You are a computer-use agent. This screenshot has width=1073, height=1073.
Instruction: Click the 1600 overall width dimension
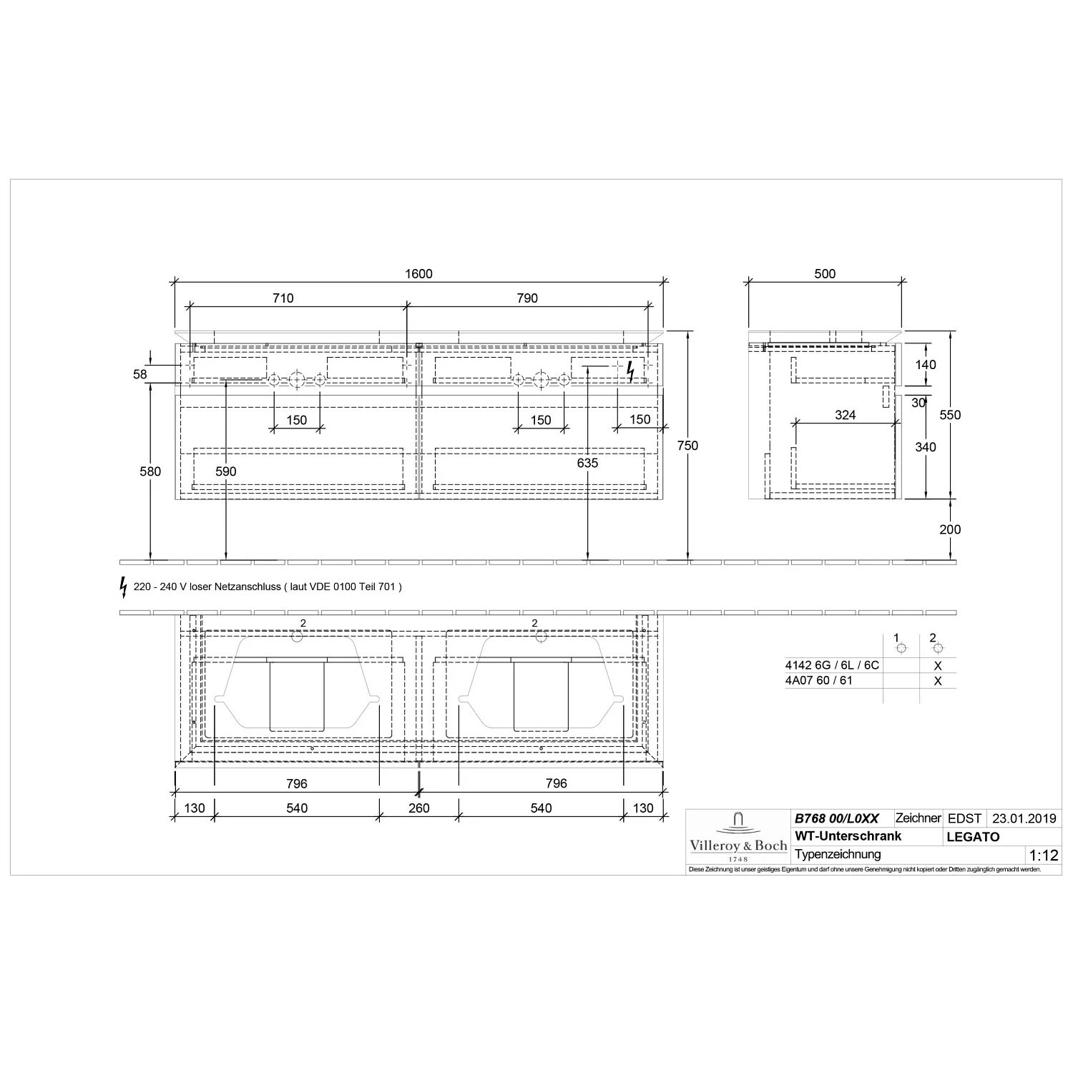tap(418, 274)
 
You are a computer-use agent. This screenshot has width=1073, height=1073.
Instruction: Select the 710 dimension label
tap(283, 298)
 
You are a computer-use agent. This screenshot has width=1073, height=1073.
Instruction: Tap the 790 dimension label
tap(527, 298)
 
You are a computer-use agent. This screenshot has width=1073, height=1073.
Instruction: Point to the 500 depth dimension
tap(825, 274)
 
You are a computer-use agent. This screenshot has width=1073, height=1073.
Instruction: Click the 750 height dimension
tap(687, 446)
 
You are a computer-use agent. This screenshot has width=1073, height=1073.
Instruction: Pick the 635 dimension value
tap(587, 464)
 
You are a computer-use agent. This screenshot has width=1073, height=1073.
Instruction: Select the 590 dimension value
tap(226, 471)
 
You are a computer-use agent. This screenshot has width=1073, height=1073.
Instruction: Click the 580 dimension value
tap(151, 471)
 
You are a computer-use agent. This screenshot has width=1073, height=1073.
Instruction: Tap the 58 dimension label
tap(139, 374)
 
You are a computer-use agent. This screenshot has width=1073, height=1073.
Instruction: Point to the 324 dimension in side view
tap(845, 415)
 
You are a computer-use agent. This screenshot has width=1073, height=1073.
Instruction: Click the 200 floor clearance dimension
tap(950, 529)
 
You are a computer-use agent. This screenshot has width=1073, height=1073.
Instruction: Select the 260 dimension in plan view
tap(419, 808)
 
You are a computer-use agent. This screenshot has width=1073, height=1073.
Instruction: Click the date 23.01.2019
tap(1024, 819)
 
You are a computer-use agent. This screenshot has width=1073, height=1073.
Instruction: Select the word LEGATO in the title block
tap(973, 837)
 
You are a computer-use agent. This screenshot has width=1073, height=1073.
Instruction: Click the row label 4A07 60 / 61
tap(818, 681)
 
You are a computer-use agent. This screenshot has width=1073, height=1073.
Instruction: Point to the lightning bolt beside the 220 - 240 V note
tap(124, 587)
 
